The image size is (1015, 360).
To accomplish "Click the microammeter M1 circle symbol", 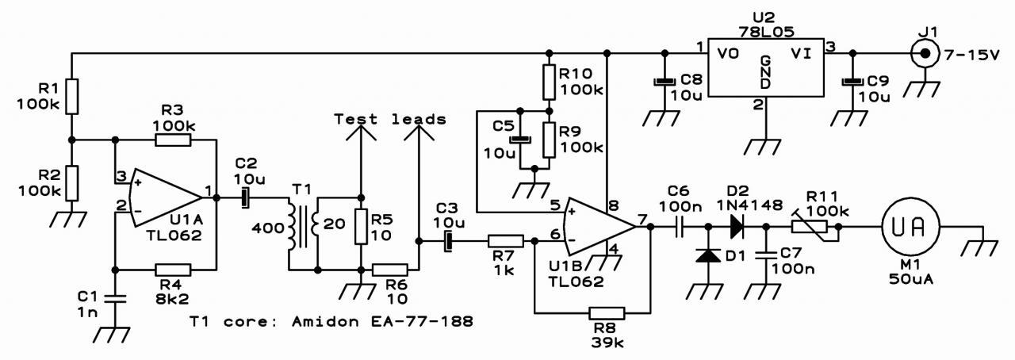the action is coord(910,227).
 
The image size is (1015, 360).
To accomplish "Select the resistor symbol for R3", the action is coord(173,140).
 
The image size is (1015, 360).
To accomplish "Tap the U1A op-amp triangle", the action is coord(166,197).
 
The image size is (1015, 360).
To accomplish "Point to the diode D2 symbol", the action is coord(737,227).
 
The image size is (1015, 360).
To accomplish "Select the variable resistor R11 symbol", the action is coord(810,227).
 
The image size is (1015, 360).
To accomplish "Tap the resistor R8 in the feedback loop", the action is coord(607,313).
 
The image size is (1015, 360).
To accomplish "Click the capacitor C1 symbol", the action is coord(115,298).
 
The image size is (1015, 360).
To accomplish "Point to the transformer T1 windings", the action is coord(304,226).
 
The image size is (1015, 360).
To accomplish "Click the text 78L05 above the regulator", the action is coord(767,32).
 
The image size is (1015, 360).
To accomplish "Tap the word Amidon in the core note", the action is coord(325,321).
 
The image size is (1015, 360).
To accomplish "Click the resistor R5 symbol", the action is coord(361,227).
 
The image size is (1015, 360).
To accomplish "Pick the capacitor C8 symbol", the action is coord(665,82).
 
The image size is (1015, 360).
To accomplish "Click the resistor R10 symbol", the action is coord(550,82).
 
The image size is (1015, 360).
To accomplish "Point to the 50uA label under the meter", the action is coord(911,279).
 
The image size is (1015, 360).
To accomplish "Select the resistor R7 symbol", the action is coord(506,241).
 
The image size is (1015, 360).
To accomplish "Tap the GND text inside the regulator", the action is coord(765,72).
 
